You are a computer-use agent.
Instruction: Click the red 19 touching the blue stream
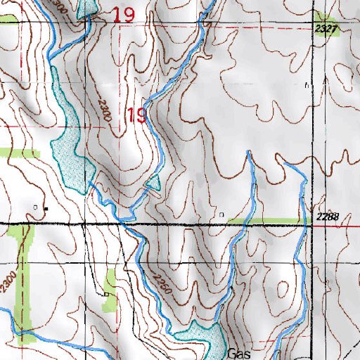pyautogui.click(x=136, y=116)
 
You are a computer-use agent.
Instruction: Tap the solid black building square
pyautogui.click(x=46, y=208)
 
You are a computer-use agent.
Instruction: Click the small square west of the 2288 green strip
pyautogui.click(x=222, y=213)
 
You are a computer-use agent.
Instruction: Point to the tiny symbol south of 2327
pyautogui.click(x=308, y=85)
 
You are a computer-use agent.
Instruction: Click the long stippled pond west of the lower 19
pyautogui.click(x=67, y=141)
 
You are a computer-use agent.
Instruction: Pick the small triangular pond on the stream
pyautogui.click(x=153, y=184)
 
